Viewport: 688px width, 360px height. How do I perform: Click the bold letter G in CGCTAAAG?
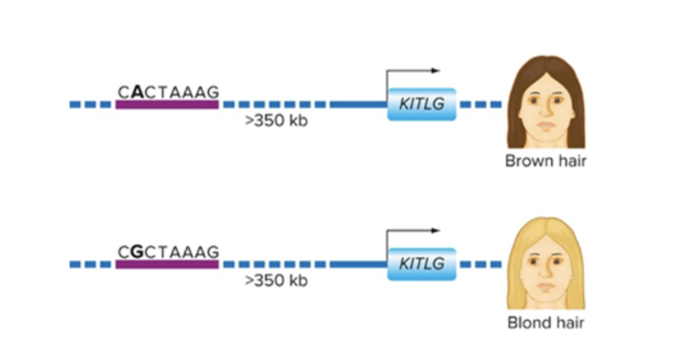137,252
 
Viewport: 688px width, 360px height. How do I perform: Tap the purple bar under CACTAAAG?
166,105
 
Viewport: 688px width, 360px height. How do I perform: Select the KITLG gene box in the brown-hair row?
421,104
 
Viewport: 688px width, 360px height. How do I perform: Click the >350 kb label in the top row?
276,122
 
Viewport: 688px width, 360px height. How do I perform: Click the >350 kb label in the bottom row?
276,281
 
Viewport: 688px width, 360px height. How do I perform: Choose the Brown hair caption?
546,162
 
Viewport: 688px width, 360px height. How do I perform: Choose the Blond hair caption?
546,323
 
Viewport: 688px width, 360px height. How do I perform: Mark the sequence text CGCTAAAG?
167,252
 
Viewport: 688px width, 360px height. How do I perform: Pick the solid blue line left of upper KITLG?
358,105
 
